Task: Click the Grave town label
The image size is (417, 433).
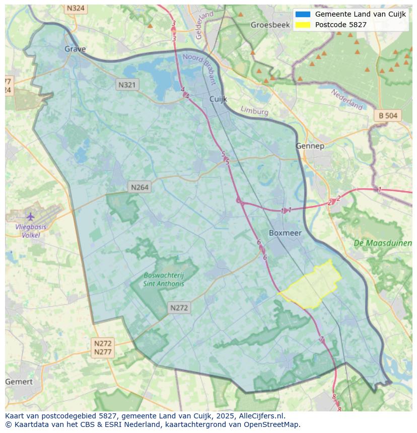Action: (75, 49)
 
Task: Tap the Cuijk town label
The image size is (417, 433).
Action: (219, 99)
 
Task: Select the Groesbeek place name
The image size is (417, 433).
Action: (271, 25)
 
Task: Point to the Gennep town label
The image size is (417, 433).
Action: (310, 146)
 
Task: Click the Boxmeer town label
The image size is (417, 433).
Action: (285, 233)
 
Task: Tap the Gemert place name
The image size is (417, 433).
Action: (19, 382)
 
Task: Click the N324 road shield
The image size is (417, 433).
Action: (76, 9)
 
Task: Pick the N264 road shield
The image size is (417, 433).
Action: (140, 187)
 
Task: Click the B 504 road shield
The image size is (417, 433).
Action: (388, 116)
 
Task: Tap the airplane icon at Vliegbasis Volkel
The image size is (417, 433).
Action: (31, 217)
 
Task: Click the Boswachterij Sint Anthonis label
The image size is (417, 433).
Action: (164, 279)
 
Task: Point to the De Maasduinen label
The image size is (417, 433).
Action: (383, 243)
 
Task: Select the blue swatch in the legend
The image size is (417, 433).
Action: (303, 14)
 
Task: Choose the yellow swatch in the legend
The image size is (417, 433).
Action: (303, 25)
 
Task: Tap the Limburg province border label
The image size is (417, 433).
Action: (254, 110)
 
